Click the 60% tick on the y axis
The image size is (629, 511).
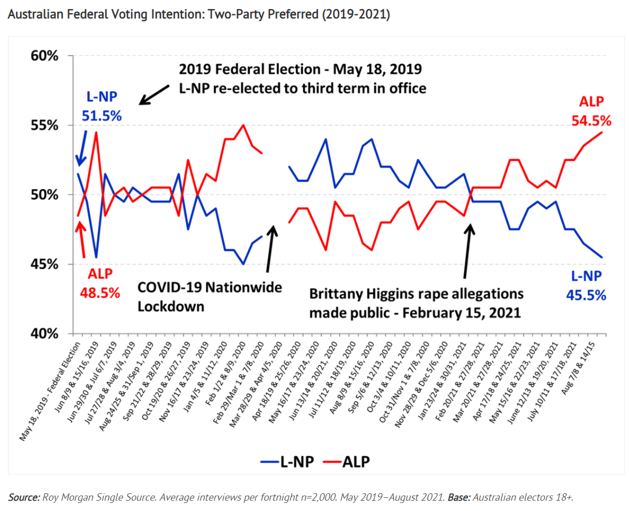(45, 56)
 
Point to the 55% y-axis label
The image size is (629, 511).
(45, 125)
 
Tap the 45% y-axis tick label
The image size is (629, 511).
(45, 265)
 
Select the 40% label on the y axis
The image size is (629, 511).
(45, 334)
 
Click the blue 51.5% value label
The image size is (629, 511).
(104, 115)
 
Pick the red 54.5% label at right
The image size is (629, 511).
(591, 121)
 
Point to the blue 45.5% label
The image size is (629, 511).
(587, 295)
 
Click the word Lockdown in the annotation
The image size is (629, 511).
(171, 306)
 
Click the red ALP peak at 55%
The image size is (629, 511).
(243, 125)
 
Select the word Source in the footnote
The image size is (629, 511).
(23, 497)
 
